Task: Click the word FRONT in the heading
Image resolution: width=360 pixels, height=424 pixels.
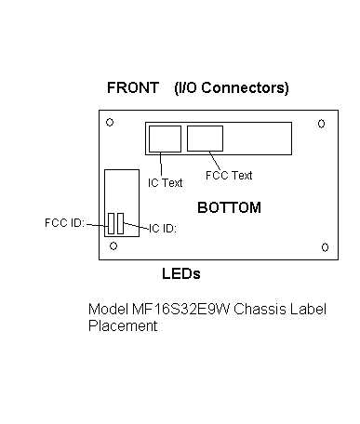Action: [133, 87]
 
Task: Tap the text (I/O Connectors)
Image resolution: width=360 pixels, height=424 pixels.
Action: [232, 88]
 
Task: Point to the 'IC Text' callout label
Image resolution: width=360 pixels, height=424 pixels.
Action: [165, 183]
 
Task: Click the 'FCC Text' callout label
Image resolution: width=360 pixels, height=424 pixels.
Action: [229, 176]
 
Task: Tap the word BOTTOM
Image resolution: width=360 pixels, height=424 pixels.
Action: [229, 207]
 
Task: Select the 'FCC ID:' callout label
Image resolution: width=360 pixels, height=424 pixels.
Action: [64, 223]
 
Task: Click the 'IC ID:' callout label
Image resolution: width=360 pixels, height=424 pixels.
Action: [163, 229]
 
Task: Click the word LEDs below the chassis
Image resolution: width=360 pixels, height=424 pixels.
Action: [181, 273]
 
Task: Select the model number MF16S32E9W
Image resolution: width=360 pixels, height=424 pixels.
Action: [180, 310]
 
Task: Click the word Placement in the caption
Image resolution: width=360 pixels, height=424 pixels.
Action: [123, 325]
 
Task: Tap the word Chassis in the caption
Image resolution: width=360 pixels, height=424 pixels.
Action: [260, 310]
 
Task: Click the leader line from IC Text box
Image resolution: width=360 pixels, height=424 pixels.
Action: [161, 165]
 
